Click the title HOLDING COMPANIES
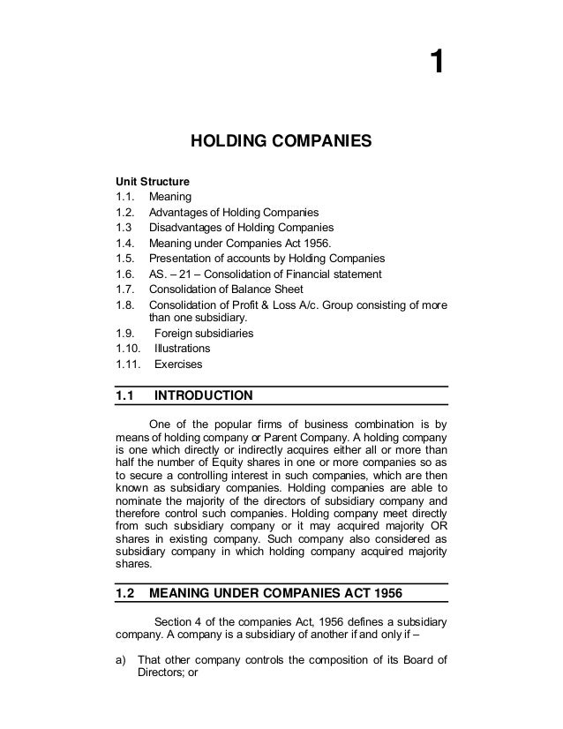[281, 140]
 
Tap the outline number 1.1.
[125, 196]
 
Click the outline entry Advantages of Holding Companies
[234, 212]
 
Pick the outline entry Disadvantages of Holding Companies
[241, 228]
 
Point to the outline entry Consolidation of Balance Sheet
[227, 289]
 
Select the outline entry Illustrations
[183, 349]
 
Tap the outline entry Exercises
[178, 364]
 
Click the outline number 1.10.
[129, 349]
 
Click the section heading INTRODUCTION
[203, 395]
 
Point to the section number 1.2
[126, 593]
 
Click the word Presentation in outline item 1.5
[180, 258]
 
